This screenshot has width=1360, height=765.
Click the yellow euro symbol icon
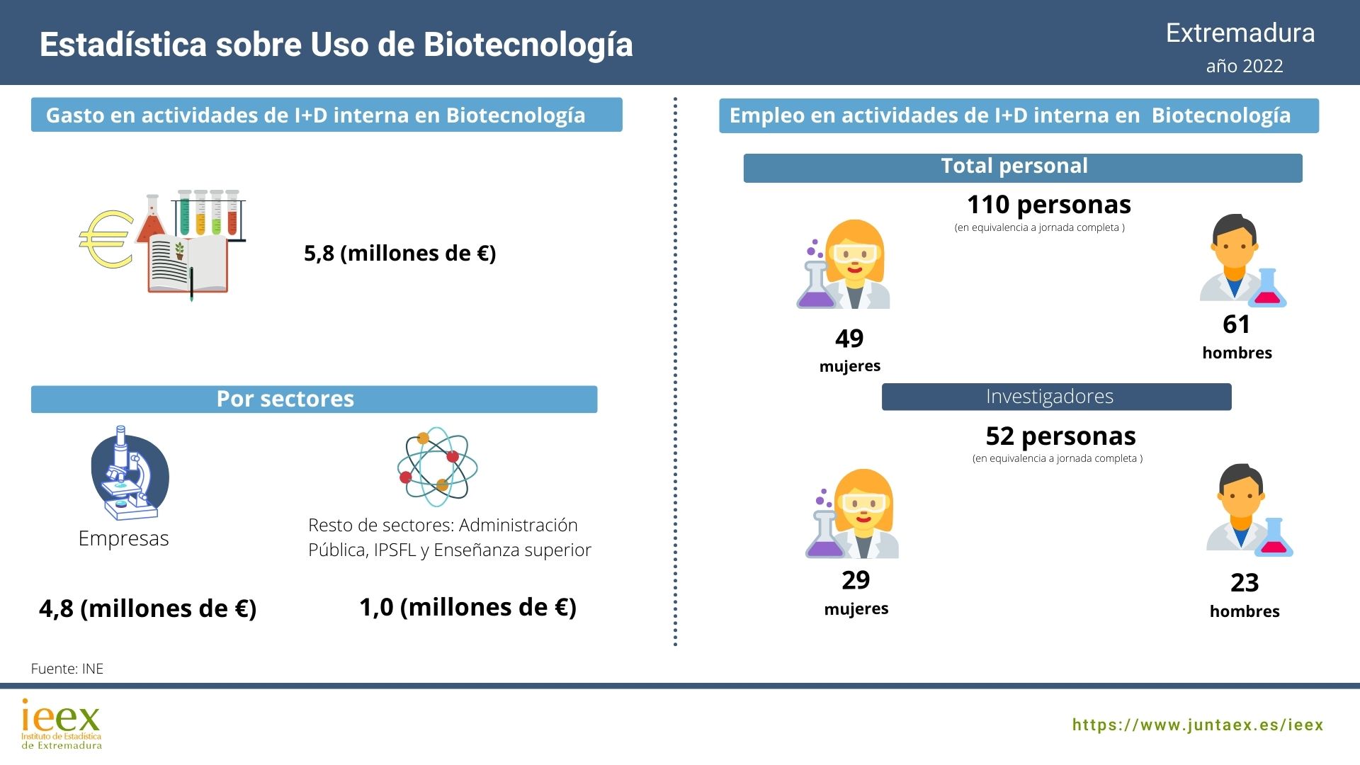(x=106, y=239)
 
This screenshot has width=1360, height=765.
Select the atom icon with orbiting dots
(x=437, y=466)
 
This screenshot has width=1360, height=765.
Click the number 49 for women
(x=849, y=339)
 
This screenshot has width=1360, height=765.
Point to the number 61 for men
(x=1236, y=324)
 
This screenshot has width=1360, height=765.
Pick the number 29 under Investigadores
(x=856, y=580)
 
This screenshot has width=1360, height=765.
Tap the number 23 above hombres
(x=1245, y=583)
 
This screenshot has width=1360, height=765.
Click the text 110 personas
(x=1048, y=205)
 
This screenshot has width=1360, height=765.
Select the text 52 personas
(x=1060, y=436)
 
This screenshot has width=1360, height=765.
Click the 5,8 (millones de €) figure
(x=399, y=253)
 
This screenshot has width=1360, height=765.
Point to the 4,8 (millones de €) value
(x=147, y=608)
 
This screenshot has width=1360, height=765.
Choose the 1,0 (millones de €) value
(x=467, y=607)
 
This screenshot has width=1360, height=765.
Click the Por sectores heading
(x=285, y=399)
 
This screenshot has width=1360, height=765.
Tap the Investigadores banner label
(x=1049, y=397)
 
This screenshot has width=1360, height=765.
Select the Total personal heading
(x=1014, y=166)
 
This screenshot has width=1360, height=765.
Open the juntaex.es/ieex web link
(x=1197, y=725)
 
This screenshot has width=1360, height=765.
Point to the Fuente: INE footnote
(x=67, y=669)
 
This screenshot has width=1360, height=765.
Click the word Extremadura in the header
(x=1240, y=33)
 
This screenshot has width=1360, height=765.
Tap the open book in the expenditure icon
(x=188, y=263)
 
